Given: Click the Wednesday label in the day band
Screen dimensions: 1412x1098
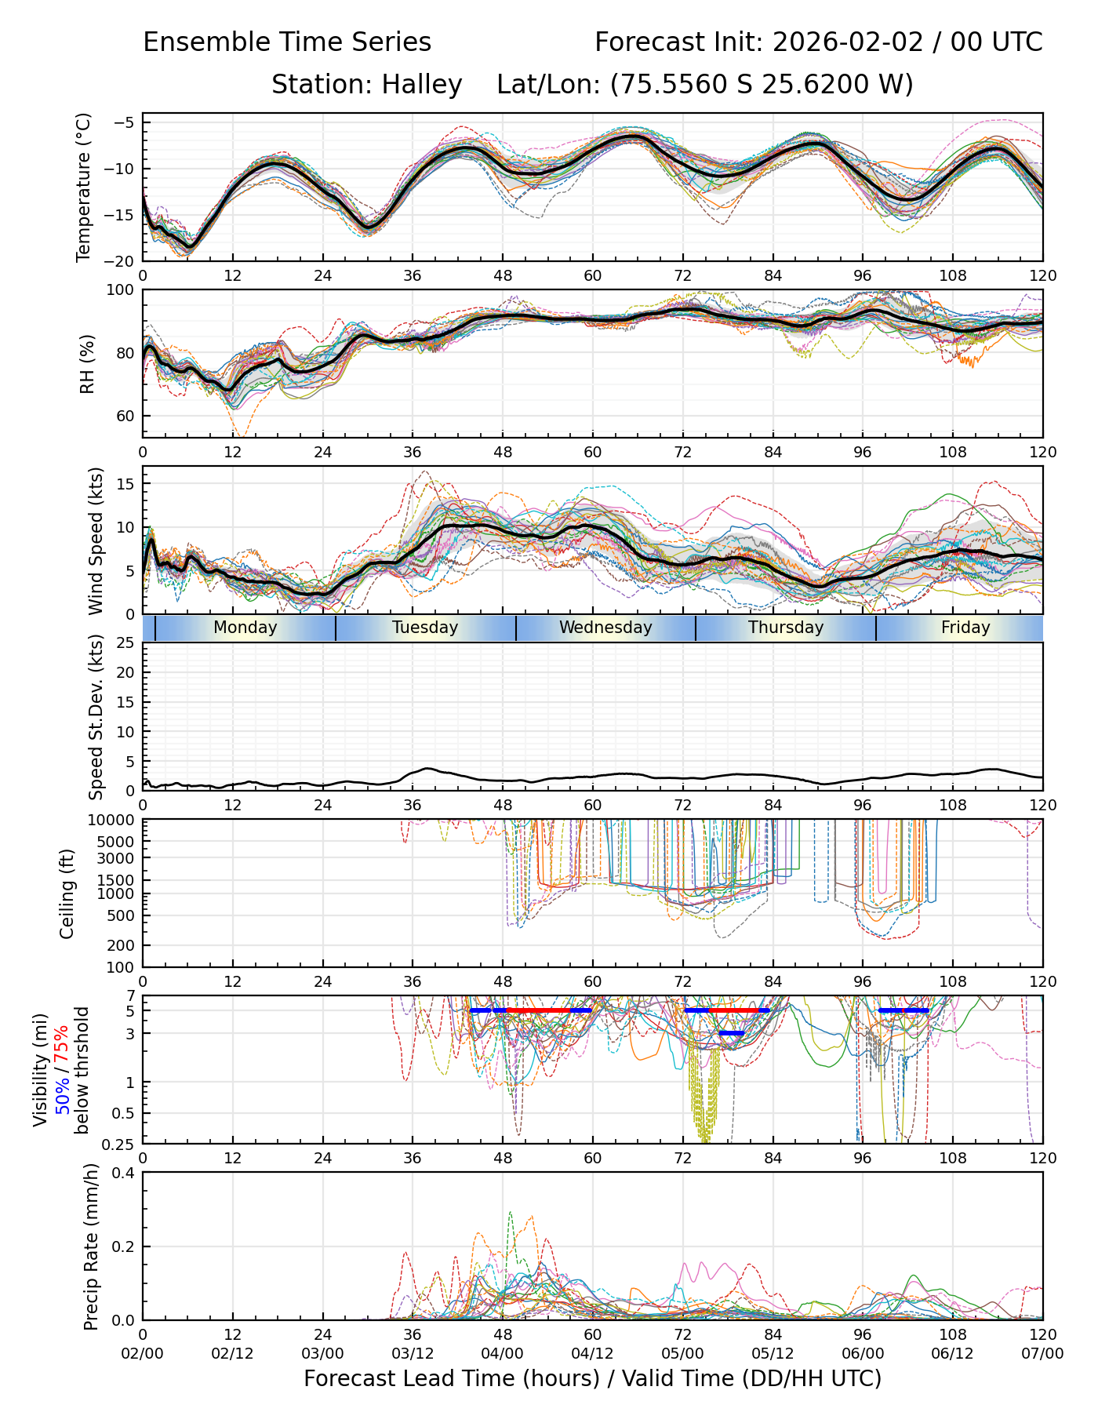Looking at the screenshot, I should coord(605,628).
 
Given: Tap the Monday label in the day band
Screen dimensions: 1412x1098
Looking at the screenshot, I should coord(245,628).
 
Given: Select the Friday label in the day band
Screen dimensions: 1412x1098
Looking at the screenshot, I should coord(965,628).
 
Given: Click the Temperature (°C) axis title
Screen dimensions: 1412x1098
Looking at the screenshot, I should coord(84,187).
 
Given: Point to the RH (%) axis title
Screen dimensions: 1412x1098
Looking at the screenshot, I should coord(86,364).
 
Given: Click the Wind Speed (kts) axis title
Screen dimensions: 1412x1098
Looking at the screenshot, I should coord(96,540).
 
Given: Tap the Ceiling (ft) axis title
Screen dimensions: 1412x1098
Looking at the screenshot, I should coord(67,893).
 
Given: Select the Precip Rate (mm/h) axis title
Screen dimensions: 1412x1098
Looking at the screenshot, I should coord(92,1246).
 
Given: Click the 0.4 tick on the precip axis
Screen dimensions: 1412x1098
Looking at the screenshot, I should coord(125,1174).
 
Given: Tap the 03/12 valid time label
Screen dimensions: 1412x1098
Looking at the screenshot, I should coord(413,1354).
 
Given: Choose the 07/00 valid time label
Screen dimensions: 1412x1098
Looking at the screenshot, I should coord(1042,1354).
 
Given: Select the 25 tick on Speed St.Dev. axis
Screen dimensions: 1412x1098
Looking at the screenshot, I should coord(126,643).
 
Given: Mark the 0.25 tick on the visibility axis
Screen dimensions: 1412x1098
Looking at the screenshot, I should coord(120,1143).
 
